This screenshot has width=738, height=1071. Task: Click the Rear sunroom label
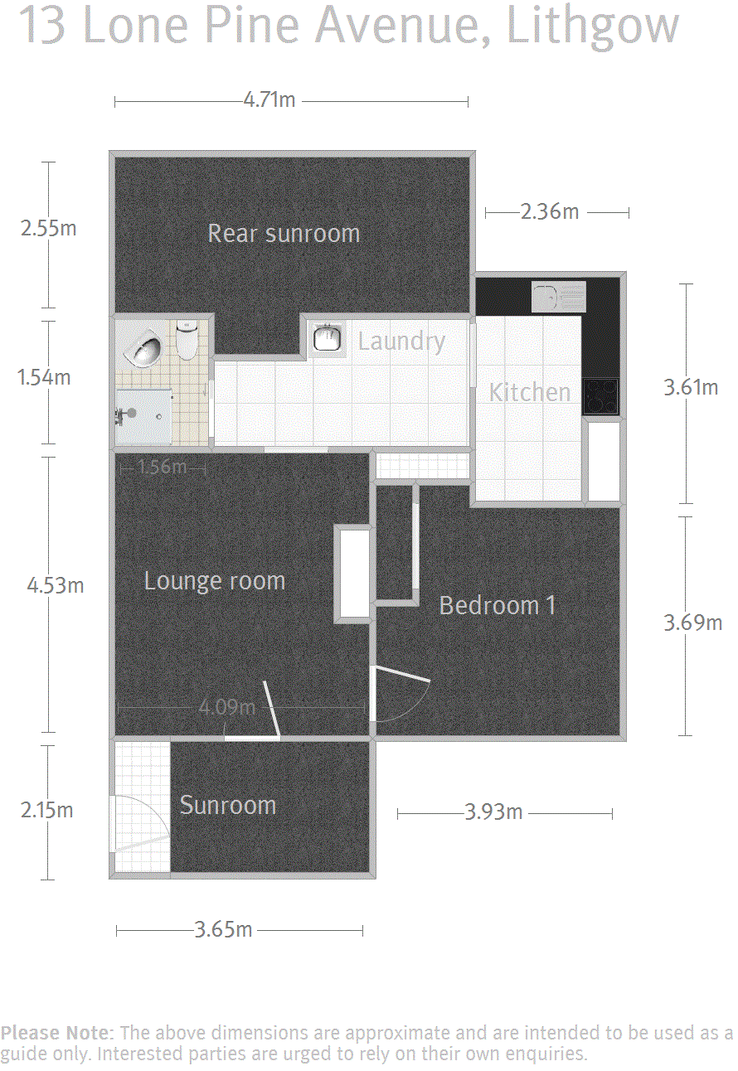click(284, 233)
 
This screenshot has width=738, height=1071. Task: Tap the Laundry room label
click(401, 342)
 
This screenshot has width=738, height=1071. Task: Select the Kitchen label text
click(530, 393)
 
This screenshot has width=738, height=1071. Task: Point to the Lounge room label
click(214, 581)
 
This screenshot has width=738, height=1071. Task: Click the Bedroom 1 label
click(498, 605)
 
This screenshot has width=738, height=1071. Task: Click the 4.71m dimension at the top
click(269, 100)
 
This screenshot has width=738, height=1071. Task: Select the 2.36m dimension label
click(550, 211)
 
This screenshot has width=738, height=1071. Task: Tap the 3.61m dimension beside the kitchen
click(691, 387)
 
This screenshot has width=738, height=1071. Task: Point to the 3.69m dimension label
click(692, 623)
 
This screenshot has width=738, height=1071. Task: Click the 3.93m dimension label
click(493, 812)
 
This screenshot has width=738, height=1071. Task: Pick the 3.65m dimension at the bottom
click(223, 930)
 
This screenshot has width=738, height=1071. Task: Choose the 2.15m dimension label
click(46, 810)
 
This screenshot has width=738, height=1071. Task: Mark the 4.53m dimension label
click(55, 585)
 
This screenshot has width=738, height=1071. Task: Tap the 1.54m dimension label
click(43, 377)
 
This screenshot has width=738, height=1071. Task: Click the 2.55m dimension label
click(48, 228)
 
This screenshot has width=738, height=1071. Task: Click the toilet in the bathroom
click(187, 340)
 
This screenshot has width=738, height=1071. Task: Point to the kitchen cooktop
click(600, 396)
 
